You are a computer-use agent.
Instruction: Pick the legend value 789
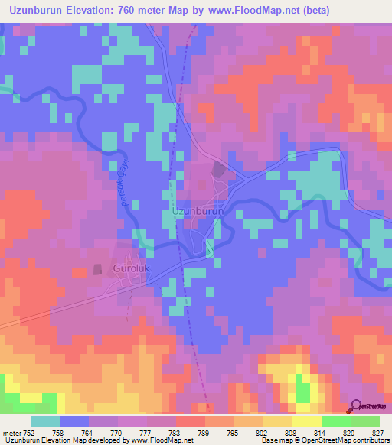[x=205, y=432]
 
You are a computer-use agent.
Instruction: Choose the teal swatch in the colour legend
[x=45, y=421]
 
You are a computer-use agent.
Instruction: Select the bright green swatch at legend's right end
[x=365, y=421]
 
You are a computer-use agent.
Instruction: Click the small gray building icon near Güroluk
[x=97, y=269]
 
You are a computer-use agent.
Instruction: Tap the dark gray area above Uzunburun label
[x=217, y=170]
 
